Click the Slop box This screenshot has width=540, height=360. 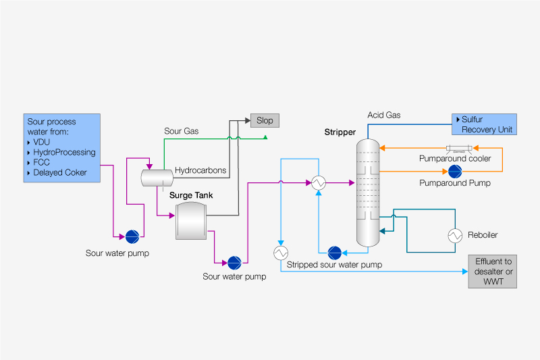coord(265,120)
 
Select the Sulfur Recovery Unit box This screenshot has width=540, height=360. coord(484,124)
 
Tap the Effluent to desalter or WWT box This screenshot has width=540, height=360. coord(493,272)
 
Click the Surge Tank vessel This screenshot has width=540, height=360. coord(190,221)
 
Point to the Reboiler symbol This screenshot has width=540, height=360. coord(455,235)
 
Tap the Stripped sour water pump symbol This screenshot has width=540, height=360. coord(334,253)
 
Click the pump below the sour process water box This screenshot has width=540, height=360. coord(132,236)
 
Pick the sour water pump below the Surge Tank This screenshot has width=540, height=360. coord(234,262)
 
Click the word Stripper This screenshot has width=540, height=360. coord(340,132)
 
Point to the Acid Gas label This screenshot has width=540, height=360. coord(383,115)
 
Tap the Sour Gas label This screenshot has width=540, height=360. coord(180,130)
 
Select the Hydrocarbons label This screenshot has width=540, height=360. coord(200,170)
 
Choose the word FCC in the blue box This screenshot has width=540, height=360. coord(41,162)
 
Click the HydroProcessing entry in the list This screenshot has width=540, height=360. coord(64,152)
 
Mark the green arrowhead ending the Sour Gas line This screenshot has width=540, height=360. coord(266,138)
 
